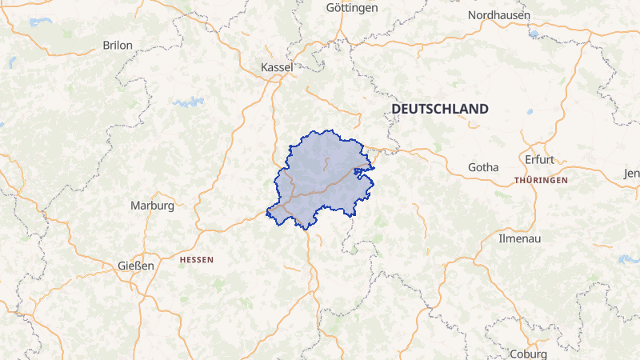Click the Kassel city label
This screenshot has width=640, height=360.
(277, 68)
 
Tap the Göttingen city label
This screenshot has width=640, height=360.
(352, 8)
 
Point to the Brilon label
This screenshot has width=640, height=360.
(118, 46)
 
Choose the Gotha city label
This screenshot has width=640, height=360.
(483, 167)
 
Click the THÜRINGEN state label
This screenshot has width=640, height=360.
(542, 181)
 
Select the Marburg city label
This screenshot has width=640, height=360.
(152, 206)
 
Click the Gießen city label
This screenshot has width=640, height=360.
(135, 266)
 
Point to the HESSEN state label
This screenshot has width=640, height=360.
(197, 260)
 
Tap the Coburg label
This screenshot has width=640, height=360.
(527, 354)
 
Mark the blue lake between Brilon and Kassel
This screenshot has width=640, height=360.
(189, 102)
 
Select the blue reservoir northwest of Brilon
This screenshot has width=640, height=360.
(40, 22)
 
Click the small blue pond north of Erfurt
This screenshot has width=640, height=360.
(530, 113)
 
